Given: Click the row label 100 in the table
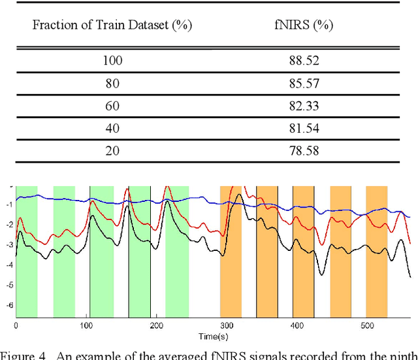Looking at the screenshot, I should (112, 61).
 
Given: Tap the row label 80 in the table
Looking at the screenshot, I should (112, 84).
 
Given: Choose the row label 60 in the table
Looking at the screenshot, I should (112, 106).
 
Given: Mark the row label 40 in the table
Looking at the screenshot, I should (112, 129).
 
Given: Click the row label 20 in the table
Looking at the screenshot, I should (112, 152).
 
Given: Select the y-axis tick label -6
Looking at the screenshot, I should (9, 305).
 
